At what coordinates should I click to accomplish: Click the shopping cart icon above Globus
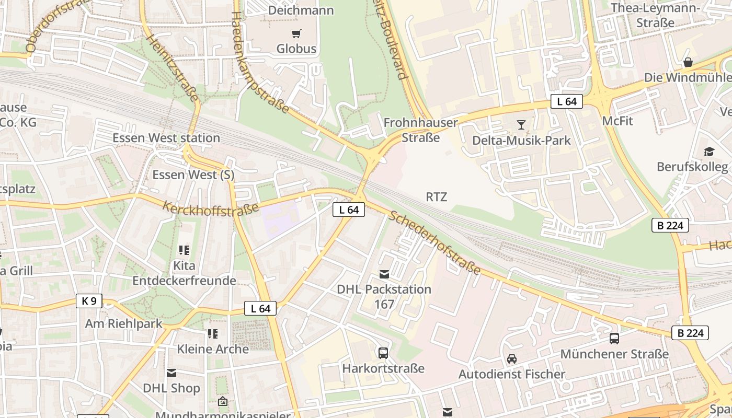pyautogui.click(x=296, y=34)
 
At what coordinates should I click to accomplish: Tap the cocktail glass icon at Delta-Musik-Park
pyautogui.click(x=521, y=124)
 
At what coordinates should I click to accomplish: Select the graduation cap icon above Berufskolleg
pyautogui.click(x=709, y=152)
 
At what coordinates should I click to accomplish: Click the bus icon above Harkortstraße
pyautogui.click(x=383, y=353)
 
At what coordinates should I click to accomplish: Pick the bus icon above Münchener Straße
pyautogui.click(x=614, y=338)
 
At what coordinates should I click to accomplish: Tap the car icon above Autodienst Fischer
pyautogui.click(x=511, y=359)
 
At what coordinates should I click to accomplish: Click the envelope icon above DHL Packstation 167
pyautogui.click(x=384, y=274)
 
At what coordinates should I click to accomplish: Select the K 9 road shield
pyautogui.click(x=89, y=301)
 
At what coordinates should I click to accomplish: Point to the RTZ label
pyautogui.click(x=437, y=197)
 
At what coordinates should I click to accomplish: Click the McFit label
pyautogui.click(x=617, y=121)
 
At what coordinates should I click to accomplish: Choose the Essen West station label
pyautogui.click(x=166, y=138)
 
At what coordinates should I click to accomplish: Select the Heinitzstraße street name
pyautogui.click(x=173, y=68)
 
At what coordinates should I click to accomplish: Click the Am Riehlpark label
pyautogui.click(x=124, y=323)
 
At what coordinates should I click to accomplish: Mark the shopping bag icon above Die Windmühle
pyautogui.click(x=688, y=62)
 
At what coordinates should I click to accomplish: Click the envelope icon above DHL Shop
pyautogui.click(x=171, y=373)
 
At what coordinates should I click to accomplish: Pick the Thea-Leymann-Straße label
pyautogui.click(x=655, y=15)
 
